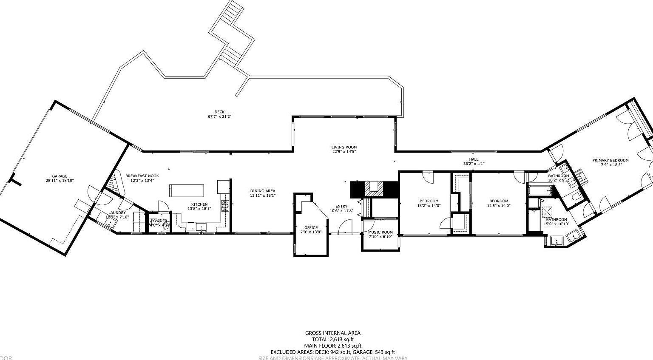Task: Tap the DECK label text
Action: pos(219,112)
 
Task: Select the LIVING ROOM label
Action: pos(344,147)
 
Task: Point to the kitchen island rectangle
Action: pos(187,190)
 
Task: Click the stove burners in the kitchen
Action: pos(224,206)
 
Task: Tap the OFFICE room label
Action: pos(311,227)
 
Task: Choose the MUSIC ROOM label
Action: pos(380,232)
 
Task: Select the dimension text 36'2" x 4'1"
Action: pos(474,164)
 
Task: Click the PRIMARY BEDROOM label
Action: pos(610,160)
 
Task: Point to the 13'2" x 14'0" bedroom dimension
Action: pos(429,206)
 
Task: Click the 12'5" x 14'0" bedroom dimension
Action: pos(498,206)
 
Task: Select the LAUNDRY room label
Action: pos(117,213)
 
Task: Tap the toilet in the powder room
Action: pos(166,226)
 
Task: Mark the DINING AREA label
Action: pos(262,191)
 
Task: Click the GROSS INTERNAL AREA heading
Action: pos(332,333)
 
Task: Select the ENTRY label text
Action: pos(341,206)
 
